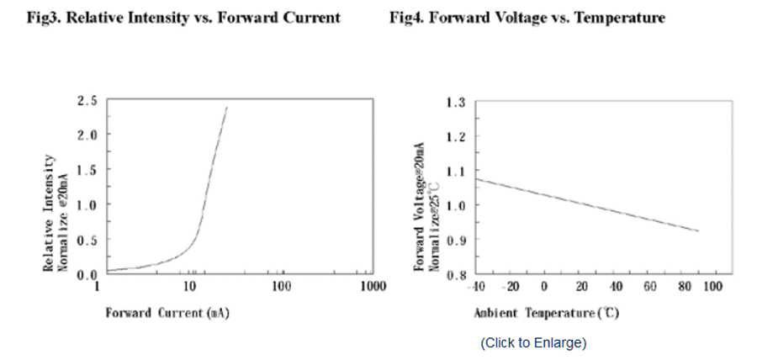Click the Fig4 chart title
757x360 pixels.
point(527,18)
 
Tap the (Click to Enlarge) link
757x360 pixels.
point(533,342)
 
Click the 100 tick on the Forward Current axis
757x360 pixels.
point(281,287)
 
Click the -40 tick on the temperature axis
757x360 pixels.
point(476,288)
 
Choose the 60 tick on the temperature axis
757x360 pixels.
point(650,288)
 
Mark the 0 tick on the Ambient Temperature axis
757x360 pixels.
point(544,288)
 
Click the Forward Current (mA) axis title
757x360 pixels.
point(167,313)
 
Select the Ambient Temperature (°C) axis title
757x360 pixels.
point(546,313)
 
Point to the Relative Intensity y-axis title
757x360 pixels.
point(55,212)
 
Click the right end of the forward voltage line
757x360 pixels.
point(698,230)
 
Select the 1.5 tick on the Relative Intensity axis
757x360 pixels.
point(87,169)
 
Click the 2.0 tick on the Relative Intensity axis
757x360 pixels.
point(87,135)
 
